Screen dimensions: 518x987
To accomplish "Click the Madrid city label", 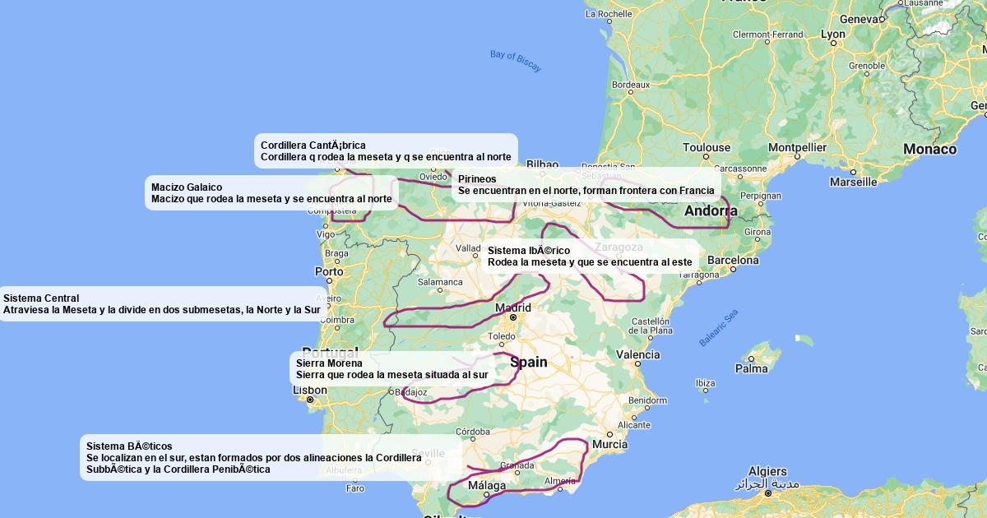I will coord(513,308).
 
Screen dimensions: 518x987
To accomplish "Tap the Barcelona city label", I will coord(732,261).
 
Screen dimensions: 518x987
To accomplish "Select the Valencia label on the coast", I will coord(638,355).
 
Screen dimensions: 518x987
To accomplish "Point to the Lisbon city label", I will coord(310,390).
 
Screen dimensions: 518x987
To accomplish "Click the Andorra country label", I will coord(711,210).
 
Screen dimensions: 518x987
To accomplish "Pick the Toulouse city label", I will coord(706,148).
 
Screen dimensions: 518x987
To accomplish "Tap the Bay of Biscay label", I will coord(516,61).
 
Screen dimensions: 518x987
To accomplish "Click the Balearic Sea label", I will coord(719,328).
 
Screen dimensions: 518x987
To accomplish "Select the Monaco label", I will coord(929,149).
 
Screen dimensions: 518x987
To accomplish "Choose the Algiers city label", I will coord(767,472).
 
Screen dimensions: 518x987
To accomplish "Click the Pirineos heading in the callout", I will coord(477,178).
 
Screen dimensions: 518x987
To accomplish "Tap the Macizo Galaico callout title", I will coord(187,187).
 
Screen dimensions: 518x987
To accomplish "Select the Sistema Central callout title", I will coord(41,298).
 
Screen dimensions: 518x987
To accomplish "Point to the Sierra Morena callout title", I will coord(329,363).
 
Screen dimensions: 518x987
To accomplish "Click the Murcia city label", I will coord(609,444).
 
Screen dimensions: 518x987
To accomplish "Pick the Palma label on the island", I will coord(751,368).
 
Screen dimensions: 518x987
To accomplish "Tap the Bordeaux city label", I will coord(631,84).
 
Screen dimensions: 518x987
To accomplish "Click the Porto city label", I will coord(329,271).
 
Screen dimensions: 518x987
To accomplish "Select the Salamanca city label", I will coord(440,282).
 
